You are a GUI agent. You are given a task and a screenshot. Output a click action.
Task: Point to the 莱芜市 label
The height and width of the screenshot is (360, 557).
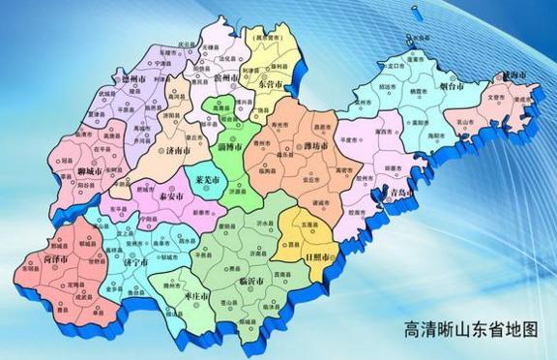coord(206,181)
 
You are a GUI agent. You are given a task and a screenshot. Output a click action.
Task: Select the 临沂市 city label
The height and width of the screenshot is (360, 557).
coord(252,280)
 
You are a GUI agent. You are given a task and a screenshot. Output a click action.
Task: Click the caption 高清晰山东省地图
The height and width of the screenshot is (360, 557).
coord(470,329)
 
